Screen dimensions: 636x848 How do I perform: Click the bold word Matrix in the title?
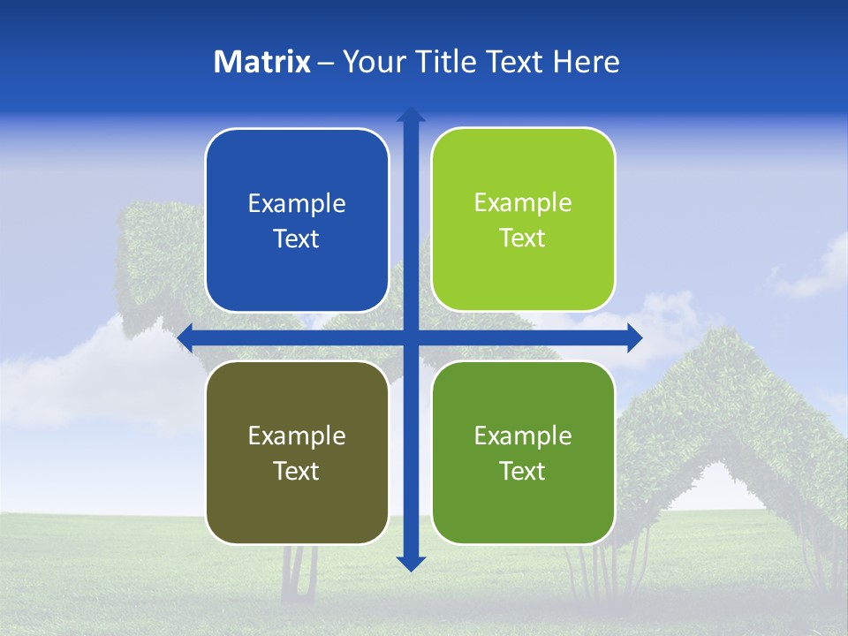(x=262, y=62)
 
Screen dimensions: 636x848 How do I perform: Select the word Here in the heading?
(x=586, y=62)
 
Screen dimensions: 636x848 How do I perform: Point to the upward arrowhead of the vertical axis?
(x=411, y=115)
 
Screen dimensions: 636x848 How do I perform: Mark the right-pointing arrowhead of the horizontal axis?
(x=634, y=337)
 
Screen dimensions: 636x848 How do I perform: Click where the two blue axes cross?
(x=411, y=337)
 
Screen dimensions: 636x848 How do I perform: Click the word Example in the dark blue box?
(x=297, y=204)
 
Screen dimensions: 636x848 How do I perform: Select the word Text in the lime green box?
(x=523, y=238)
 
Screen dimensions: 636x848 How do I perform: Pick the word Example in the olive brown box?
(x=297, y=436)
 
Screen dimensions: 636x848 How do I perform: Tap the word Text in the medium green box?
(x=523, y=471)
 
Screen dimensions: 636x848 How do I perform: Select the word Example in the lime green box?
(x=523, y=203)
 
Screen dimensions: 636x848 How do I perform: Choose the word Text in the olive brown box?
(x=297, y=471)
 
